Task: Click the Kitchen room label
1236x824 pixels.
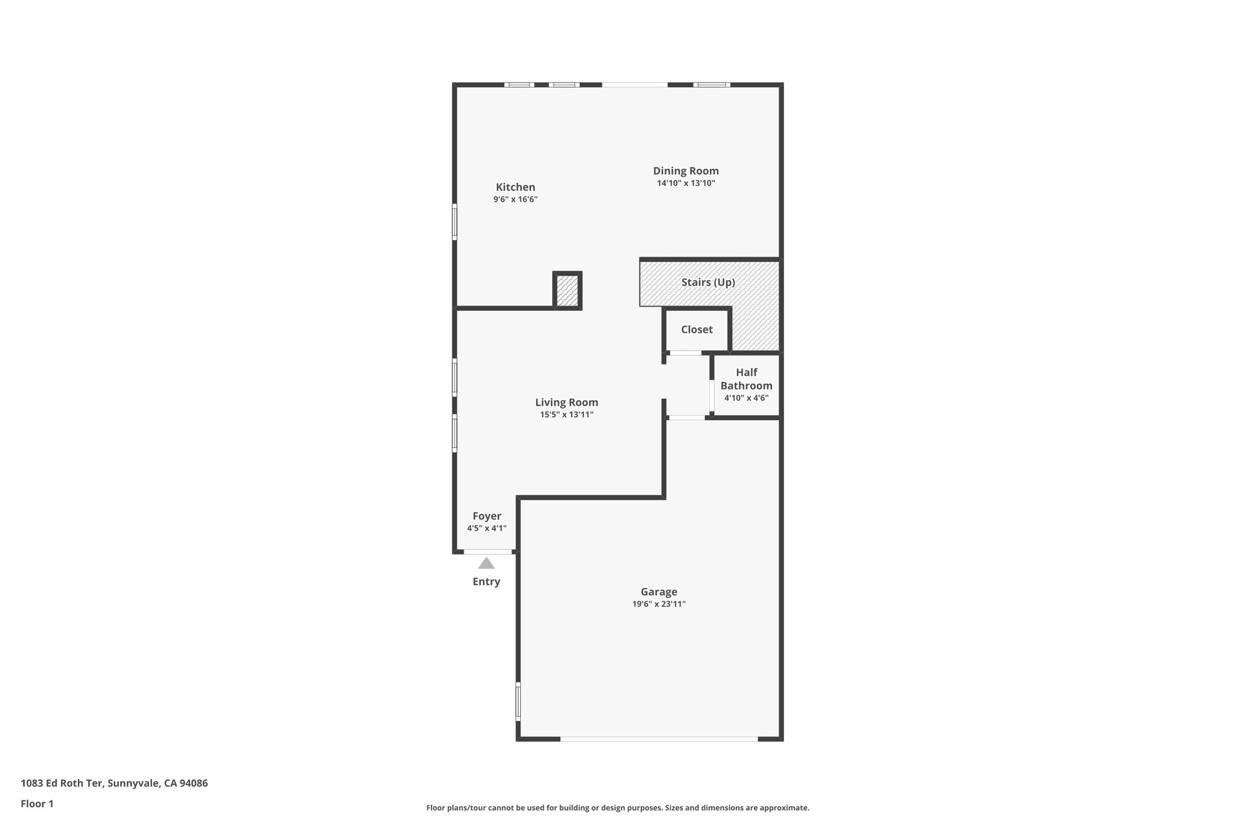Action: (515, 187)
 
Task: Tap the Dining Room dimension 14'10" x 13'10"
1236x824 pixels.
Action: (686, 183)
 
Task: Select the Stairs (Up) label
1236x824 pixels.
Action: (708, 282)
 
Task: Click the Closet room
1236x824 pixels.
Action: (696, 330)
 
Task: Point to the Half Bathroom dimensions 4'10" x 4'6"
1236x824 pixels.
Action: (746, 398)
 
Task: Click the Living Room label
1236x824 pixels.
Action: (566, 402)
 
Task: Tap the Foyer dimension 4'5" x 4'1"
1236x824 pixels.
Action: (486, 528)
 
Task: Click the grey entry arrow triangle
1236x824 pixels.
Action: (486, 563)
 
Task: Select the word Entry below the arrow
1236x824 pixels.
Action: (486, 582)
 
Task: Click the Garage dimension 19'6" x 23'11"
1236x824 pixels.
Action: (658, 604)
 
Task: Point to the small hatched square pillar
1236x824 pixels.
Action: (567, 290)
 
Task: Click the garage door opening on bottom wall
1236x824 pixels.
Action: (658, 738)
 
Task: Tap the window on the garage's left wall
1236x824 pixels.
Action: (518, 701)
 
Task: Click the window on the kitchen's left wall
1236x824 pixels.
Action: (454, 222)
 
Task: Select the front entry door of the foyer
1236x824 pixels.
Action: (488, 552)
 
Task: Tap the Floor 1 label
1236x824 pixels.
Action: (37, 803)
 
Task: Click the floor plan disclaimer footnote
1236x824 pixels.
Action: (617, 808)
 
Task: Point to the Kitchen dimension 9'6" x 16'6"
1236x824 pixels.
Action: (515, 199)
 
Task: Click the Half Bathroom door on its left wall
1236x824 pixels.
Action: (712, 395)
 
